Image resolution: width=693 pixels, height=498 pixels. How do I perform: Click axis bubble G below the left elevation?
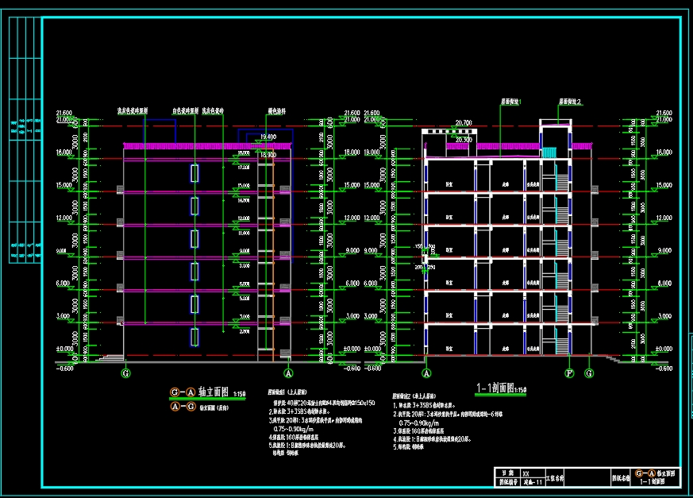[125, 372]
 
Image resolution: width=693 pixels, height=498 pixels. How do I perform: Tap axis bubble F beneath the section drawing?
[569, 373]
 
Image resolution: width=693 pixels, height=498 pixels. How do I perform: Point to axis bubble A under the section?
[426, 373]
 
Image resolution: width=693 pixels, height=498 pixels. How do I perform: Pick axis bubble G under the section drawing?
[589, 373]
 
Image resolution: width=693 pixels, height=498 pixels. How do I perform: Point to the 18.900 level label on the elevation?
[266, 155]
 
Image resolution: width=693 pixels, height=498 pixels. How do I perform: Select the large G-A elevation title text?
[201, 392]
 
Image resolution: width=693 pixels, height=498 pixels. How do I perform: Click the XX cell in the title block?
[526, 472]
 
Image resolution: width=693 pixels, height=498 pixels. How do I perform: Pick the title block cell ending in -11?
[533, 481]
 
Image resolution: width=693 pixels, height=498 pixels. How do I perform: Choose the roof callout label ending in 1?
[510, 102]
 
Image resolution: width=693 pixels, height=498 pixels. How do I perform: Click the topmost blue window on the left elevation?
[194, 173]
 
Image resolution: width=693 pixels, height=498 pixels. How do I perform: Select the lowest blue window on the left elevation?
[194, 336]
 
